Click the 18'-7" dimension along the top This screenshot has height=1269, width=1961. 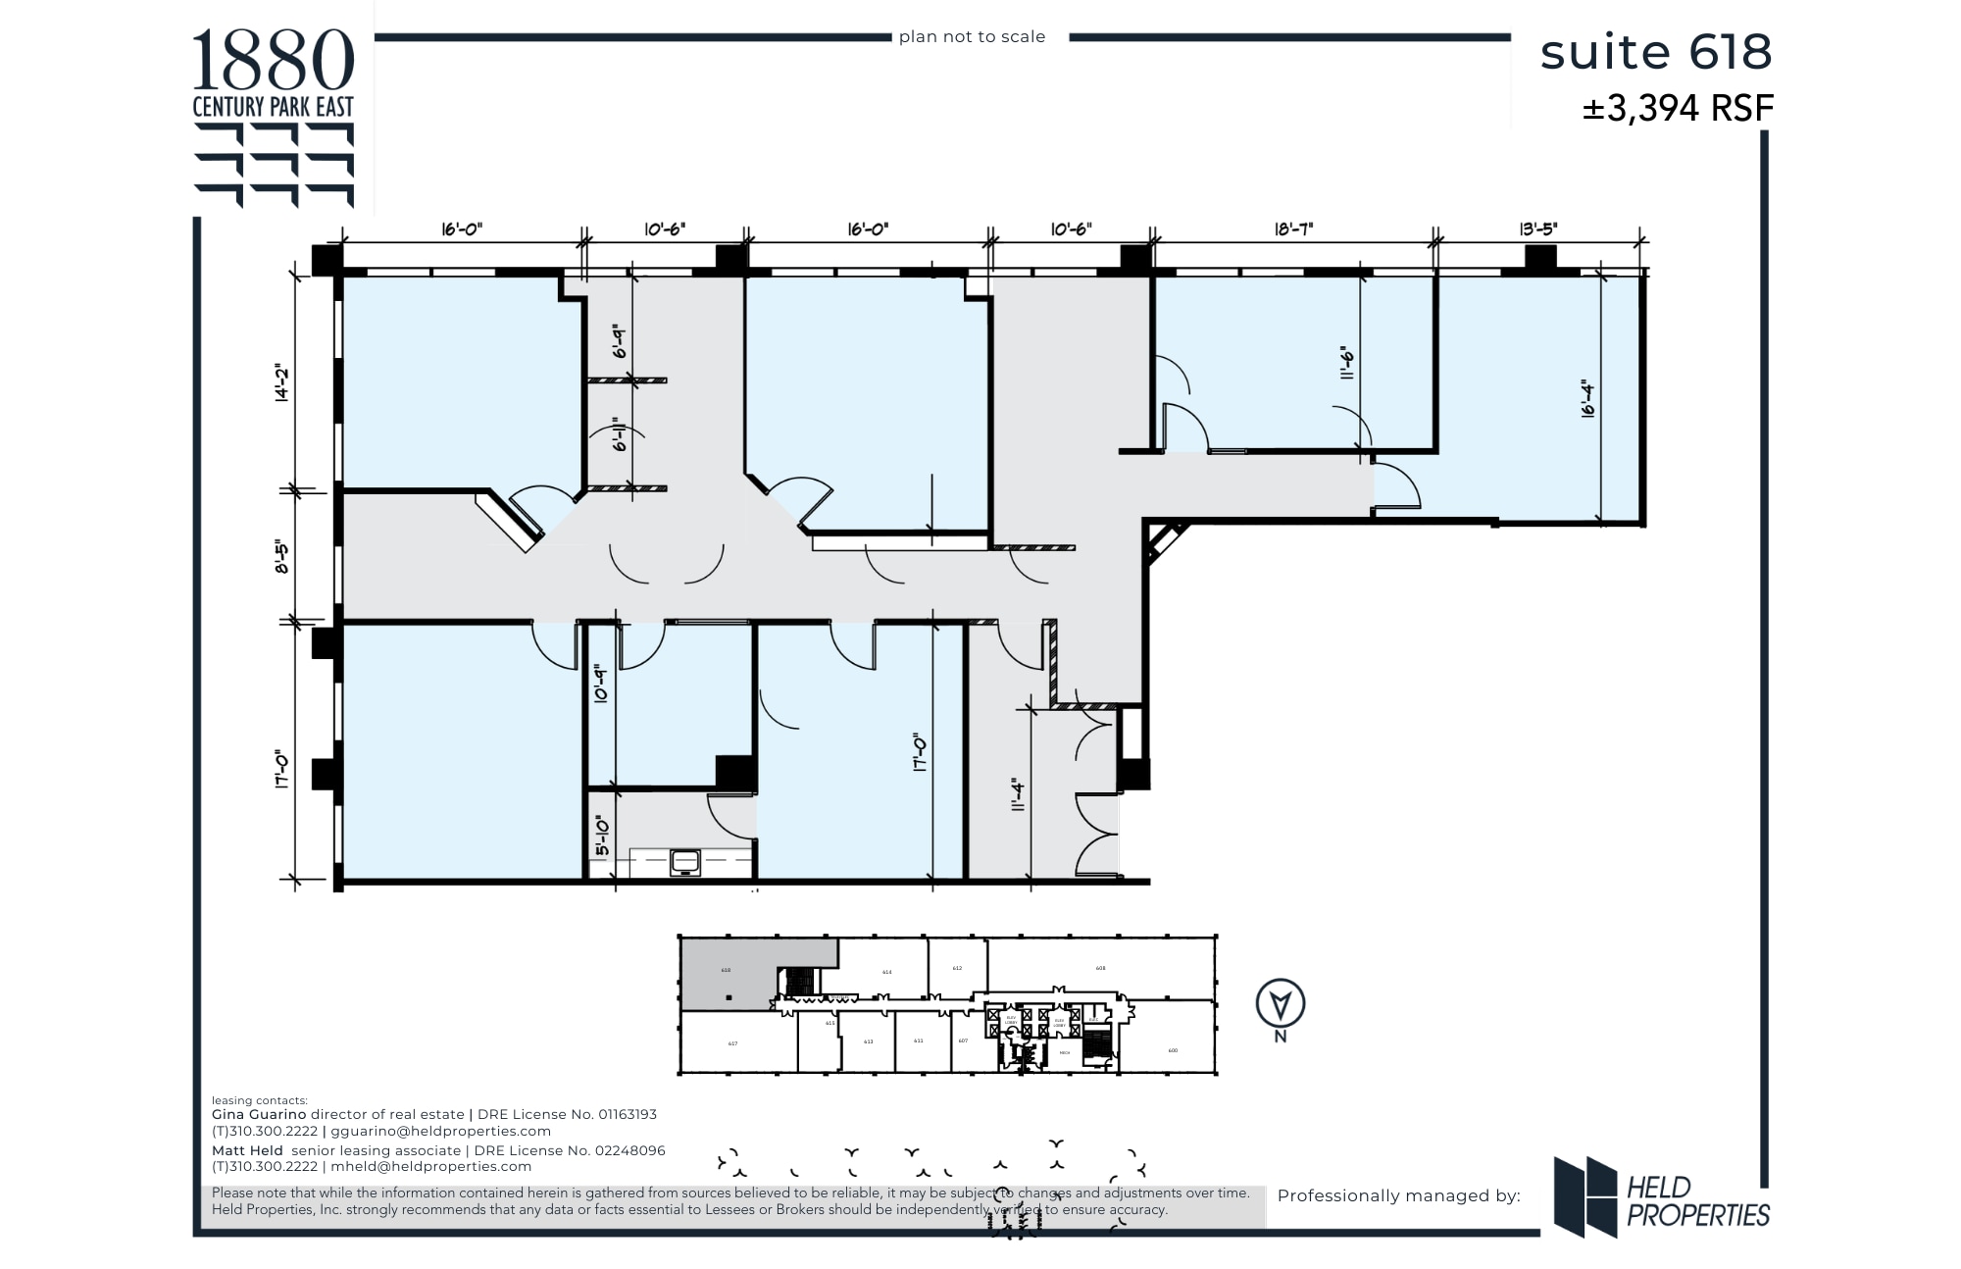1293,229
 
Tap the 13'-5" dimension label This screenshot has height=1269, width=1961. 1537,229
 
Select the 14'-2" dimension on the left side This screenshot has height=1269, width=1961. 281,383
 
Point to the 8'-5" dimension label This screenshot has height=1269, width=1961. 281,555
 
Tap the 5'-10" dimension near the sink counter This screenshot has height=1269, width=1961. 601,836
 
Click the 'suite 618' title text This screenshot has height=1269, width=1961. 1655,52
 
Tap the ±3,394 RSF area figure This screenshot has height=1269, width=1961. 1677,108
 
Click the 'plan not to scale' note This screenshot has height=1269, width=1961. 972,37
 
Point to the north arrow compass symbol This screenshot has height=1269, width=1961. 1281,1004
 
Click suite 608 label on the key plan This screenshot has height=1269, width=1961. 1100,968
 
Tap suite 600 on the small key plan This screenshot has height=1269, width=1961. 1173,1050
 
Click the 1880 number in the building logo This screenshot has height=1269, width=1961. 273,61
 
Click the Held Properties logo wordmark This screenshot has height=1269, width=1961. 1697,1202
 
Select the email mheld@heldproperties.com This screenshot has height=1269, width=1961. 431,1167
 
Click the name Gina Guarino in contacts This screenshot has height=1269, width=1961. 259,1114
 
